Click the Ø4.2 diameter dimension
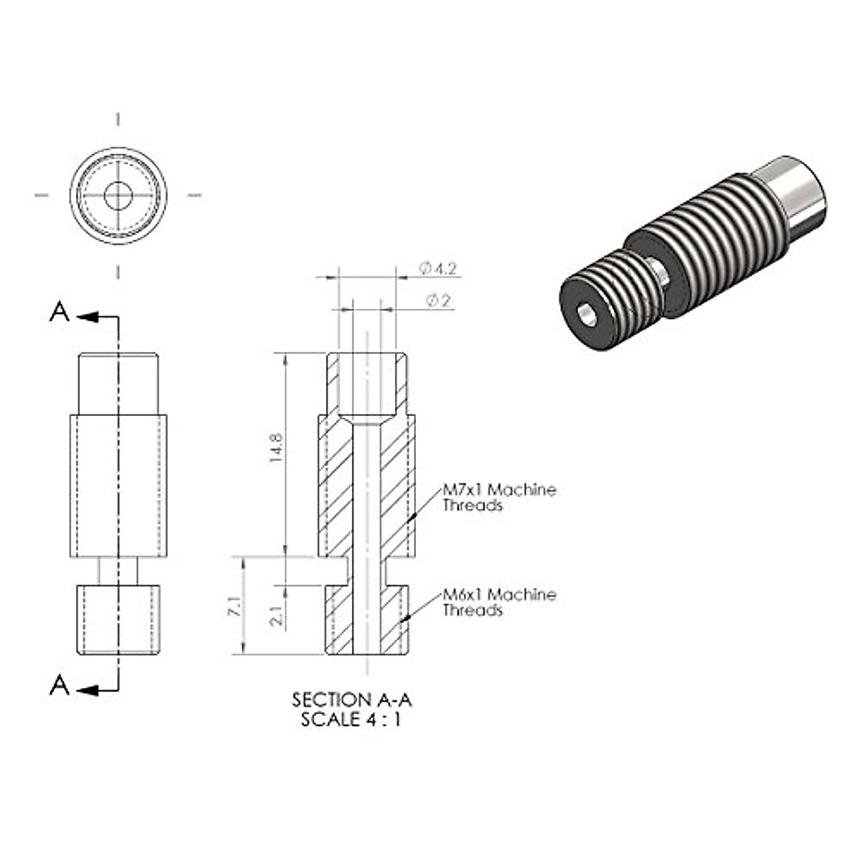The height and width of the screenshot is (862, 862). [x=438, y=269]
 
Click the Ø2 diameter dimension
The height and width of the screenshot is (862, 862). [x=438, y=300]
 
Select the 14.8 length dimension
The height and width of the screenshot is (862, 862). [x=276, y=448]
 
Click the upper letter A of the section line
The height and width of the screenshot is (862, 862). [x=60, y=312]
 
